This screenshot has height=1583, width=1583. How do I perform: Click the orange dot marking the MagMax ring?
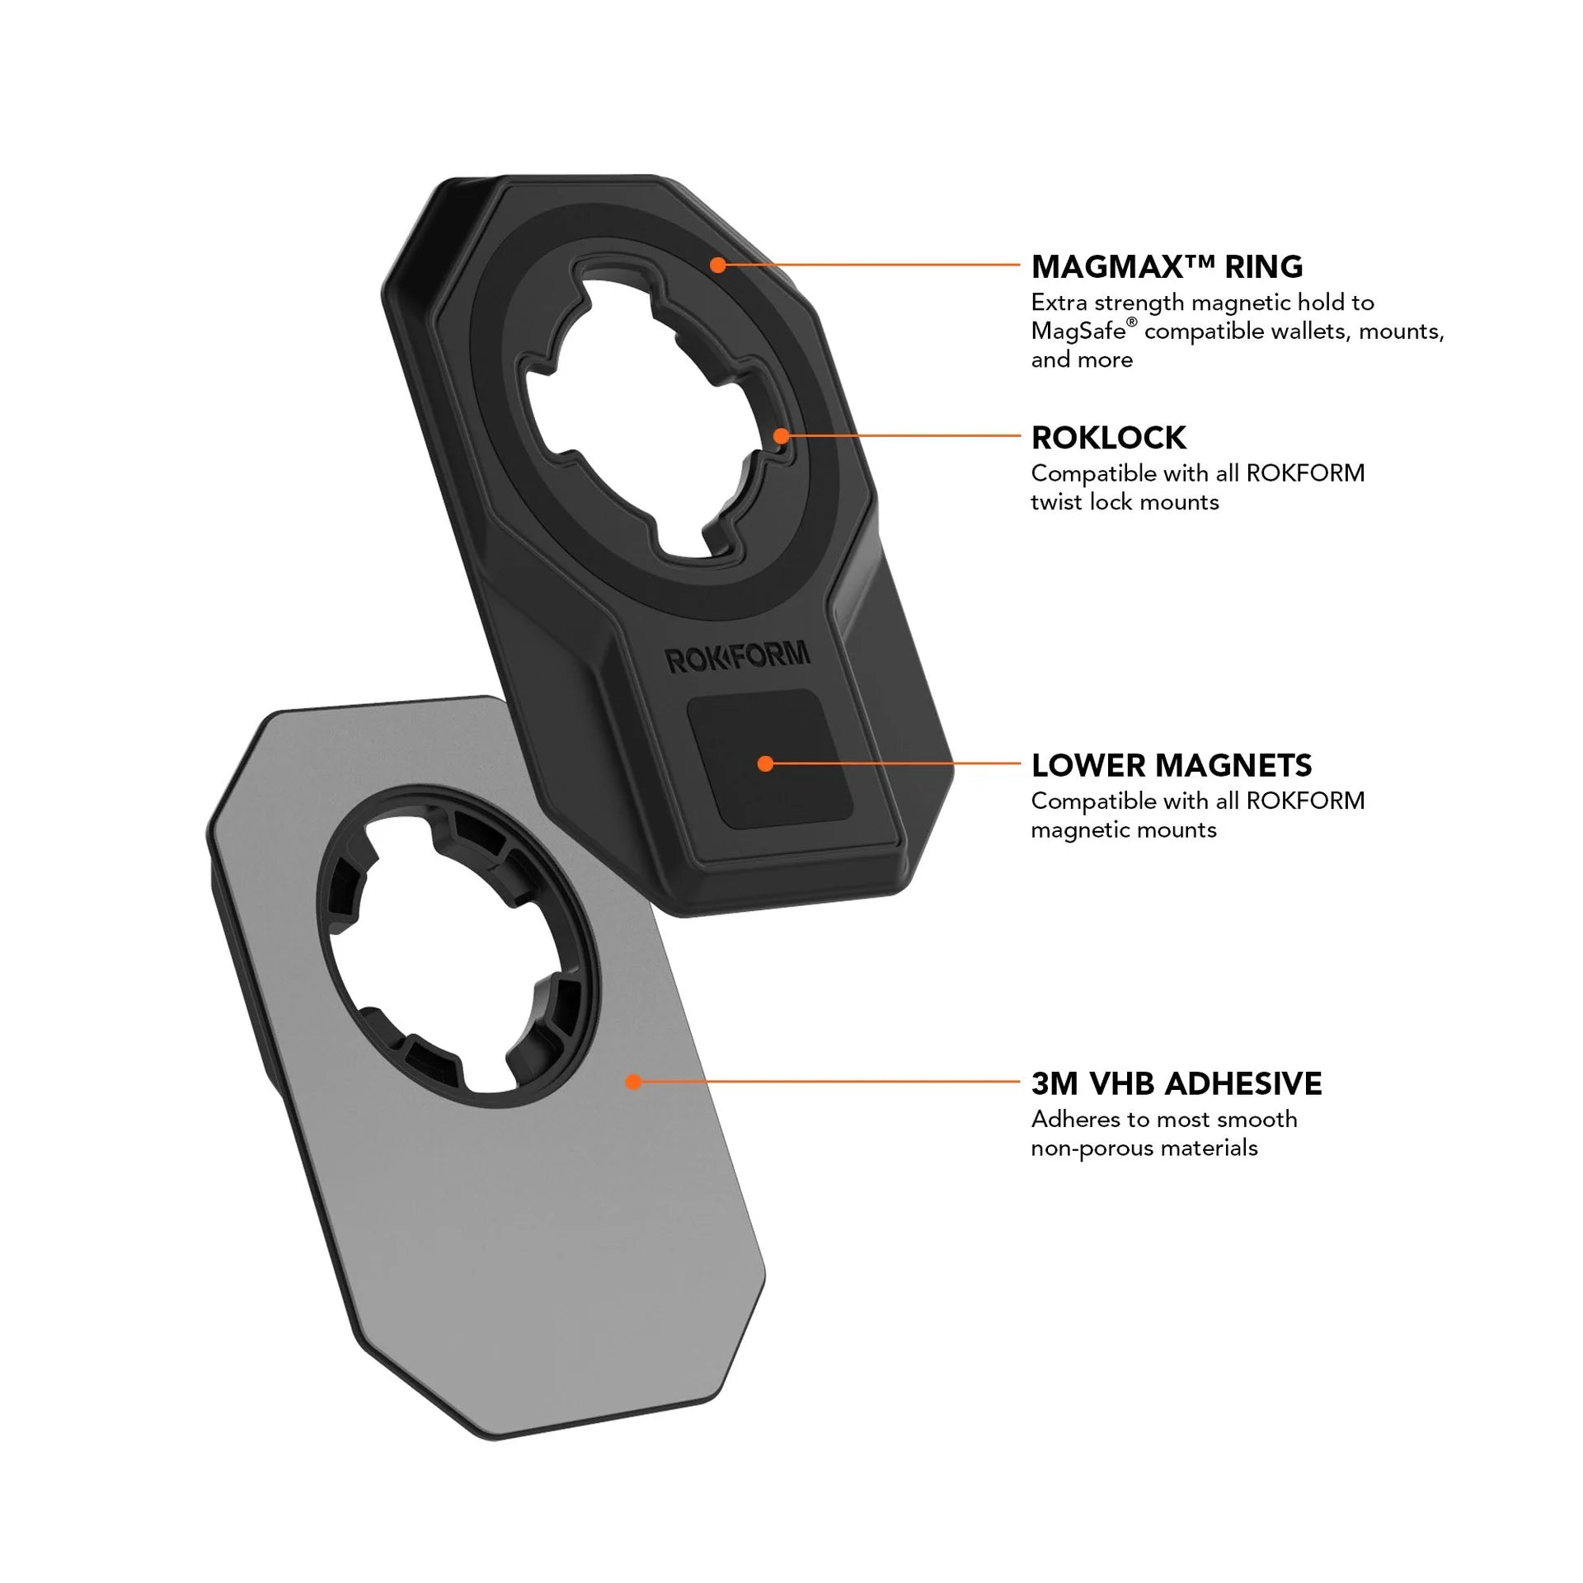718,265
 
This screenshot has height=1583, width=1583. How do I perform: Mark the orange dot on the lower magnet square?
765,763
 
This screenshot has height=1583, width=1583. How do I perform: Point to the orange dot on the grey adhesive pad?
633,1081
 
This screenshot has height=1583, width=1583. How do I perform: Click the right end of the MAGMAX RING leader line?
1020,265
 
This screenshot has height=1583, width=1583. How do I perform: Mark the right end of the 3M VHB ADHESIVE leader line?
1020,1081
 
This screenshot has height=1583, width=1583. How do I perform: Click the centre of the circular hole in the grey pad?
458,945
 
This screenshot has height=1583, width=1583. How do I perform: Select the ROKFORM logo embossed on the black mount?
737,657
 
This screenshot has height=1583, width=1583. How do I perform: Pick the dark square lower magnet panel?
770,759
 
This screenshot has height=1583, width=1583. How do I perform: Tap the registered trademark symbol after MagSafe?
1132,323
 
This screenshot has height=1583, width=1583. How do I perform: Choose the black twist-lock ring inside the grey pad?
458,945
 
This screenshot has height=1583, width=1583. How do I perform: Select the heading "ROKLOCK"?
1108,438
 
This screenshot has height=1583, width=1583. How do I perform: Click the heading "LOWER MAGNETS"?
1171,765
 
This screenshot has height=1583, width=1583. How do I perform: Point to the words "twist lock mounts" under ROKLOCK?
1125,502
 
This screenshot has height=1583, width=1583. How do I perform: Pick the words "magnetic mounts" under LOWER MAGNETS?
1124,829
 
